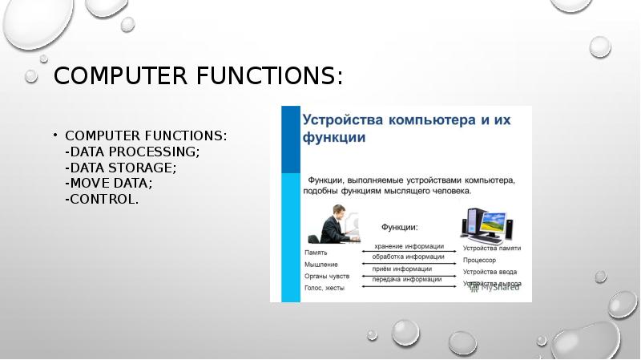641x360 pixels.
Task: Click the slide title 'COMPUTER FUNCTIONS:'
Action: [198, 77]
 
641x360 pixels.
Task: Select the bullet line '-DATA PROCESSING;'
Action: [133, 152]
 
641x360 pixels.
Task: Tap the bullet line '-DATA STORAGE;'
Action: [122, 168]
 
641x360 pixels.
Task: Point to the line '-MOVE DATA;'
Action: [110, 183]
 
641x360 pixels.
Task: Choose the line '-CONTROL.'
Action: [103, 199]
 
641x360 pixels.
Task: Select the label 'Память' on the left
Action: [316, 252]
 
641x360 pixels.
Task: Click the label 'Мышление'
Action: [320, 264]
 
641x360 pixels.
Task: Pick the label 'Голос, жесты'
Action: [325, 288]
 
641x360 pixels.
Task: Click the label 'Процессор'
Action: [479, 260]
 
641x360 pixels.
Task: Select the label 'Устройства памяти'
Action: [491, 248]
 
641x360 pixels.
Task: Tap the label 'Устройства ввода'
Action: [490, 272]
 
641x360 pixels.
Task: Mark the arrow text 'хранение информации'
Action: [409, 246]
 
